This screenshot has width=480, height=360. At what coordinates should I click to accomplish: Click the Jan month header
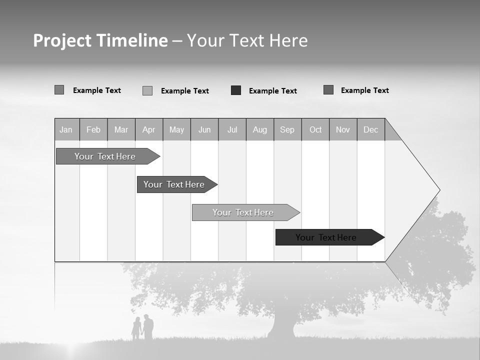click(x=66, y=129)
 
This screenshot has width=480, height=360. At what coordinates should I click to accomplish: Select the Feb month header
click(x=93, y=129)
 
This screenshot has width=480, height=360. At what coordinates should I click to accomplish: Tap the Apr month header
click(x=149, y=129)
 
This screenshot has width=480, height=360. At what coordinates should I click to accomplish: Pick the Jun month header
click(x=204, y=129)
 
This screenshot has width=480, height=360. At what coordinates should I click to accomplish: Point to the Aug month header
click(x=260, y=129)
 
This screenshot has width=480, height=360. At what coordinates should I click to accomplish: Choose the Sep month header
click(x=287, y=129)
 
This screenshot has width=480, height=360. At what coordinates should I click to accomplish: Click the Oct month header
click(x=315, y=129)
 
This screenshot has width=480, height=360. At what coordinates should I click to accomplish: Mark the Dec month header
click(x=371, y=129)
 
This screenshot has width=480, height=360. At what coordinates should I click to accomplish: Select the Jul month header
click(x=232, y=129)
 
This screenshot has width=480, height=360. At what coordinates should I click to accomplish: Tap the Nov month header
click(x=343, y=129)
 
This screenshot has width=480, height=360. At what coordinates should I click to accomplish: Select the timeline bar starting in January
click(x=105, y=156)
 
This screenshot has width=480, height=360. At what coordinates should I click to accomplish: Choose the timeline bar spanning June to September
click(x=243, y=212)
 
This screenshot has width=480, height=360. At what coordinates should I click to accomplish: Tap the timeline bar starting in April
click(x=174, y=184)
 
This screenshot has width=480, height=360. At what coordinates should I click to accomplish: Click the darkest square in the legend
click(x=236, y=90)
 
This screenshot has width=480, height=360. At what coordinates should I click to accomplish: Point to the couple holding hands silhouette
click(x=143, y=328)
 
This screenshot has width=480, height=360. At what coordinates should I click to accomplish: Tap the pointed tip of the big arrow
click(x=438, y=190)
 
